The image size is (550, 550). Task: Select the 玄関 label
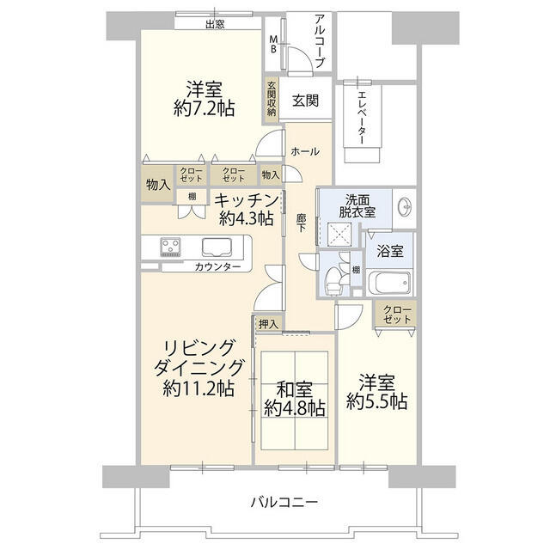305,100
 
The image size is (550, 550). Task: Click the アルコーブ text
319,40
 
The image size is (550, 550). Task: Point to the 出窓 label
215,24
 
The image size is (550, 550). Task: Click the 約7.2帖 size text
204,108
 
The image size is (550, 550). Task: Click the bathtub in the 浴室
390,283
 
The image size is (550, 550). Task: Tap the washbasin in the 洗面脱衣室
406,207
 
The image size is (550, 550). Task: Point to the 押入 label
268,323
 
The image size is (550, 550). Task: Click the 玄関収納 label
272,97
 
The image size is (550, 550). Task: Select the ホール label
305,151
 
